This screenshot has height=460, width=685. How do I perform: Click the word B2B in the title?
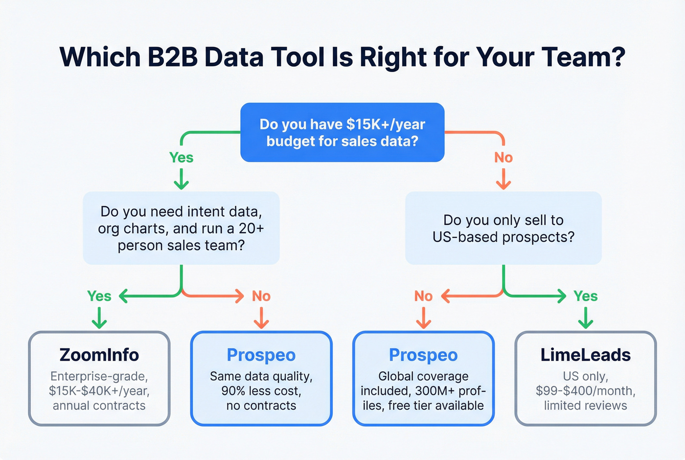(173, 57)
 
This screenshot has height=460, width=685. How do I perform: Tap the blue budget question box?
(342, 132)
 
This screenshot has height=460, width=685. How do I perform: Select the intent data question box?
(181, 228)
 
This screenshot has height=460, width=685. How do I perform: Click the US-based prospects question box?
(503, 228)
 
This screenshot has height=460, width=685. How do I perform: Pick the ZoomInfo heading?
(99, 355)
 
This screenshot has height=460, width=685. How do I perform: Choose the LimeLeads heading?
(585, 355)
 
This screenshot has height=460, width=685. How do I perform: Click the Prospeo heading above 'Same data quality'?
(261, 355)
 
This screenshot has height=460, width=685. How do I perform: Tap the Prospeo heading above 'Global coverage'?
(423, 355)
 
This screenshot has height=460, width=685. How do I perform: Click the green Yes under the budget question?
(181, 157)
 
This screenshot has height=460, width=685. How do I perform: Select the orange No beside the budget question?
(503, 157)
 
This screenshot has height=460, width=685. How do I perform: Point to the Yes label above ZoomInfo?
(99, 296)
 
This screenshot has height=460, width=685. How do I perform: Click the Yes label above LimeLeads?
(585, 296)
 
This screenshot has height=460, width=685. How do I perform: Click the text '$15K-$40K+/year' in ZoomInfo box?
(99, 391)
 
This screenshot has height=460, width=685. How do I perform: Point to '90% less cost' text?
(261, 391)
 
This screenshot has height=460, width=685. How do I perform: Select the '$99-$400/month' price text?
(585, 391)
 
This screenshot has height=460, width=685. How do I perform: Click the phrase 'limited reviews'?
(585, 406)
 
